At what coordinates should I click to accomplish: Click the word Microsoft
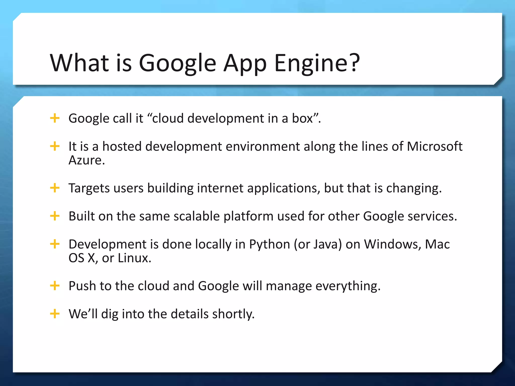(x=435, y=146)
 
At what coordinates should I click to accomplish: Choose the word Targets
(x=89, y=188)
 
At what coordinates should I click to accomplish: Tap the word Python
(x=269, y=245)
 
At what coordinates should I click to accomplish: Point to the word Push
(x=82, y=286)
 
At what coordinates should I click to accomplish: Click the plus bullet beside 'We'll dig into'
(x=55, y=314)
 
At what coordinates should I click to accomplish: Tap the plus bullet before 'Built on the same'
(x=55, y=216)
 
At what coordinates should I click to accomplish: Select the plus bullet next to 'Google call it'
(x=55, y=118)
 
